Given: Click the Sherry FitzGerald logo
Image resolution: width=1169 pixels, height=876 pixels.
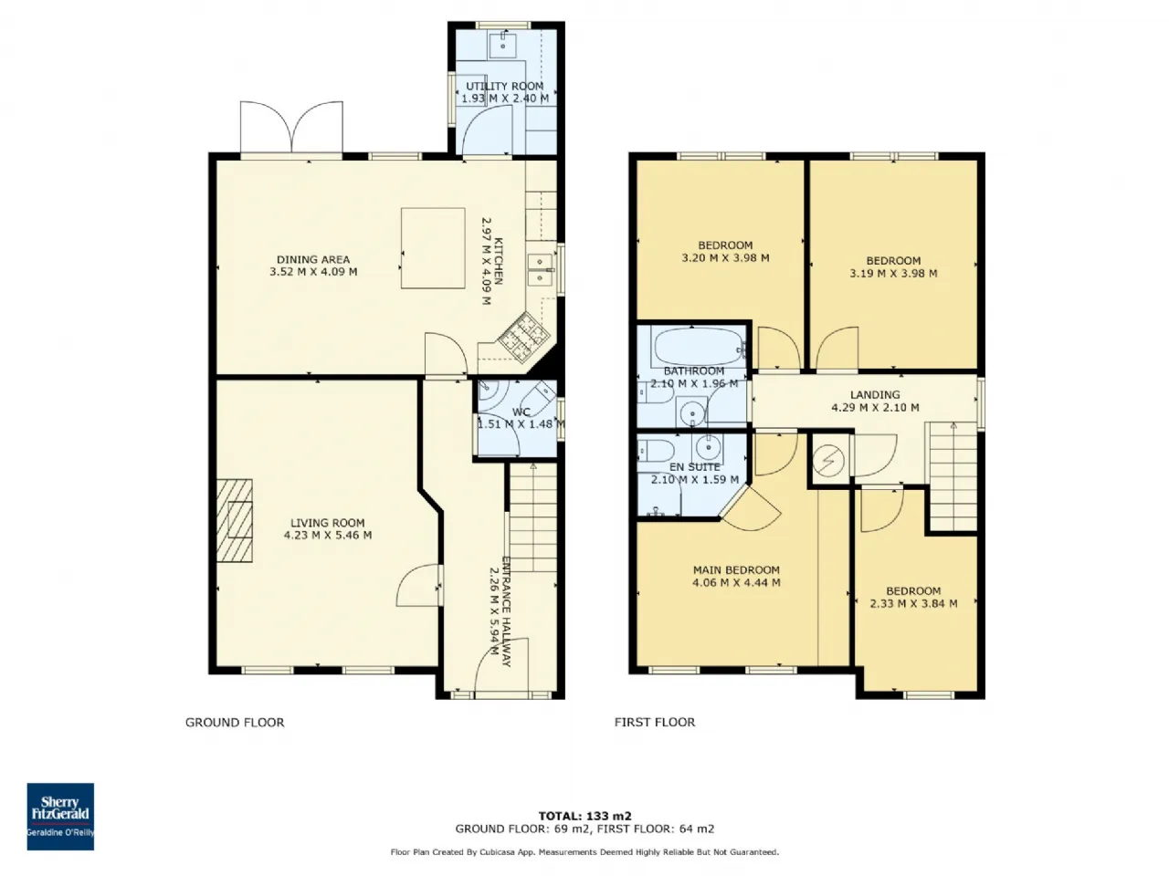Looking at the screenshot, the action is (60, 817).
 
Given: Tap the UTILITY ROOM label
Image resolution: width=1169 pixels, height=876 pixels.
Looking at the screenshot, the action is (504, 86).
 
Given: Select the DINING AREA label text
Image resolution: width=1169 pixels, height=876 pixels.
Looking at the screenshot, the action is (313, 259).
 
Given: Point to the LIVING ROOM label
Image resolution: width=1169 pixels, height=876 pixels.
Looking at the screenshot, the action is (328, 523).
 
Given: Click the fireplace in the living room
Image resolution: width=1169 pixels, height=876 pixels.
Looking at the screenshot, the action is (235, 521).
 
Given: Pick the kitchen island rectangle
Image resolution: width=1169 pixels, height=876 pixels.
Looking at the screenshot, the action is (433, 248).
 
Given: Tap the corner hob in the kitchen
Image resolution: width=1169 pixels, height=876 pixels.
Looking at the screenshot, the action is (523, 338).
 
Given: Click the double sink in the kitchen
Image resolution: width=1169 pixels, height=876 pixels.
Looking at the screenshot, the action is (541, 270).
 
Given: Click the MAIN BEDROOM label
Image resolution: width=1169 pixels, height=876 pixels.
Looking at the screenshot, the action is (736, 569).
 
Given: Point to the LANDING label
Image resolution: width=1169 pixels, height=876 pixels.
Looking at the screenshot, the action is (875, 394).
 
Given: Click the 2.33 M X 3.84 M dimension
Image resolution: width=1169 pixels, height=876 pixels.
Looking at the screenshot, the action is (913, 604).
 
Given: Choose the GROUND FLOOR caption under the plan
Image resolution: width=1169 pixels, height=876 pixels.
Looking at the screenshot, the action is (235, 723).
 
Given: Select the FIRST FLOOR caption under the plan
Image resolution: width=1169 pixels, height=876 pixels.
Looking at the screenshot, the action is (655, 723).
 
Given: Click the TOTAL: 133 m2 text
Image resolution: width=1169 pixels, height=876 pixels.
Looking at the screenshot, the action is (584, 816).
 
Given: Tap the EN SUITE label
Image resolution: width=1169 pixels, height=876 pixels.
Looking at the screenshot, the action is (694, 467).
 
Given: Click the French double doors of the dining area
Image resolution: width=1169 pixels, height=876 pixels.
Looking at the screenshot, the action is (291, 129).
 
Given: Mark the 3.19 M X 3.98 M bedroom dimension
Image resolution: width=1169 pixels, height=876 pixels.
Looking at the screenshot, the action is (893, 274).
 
